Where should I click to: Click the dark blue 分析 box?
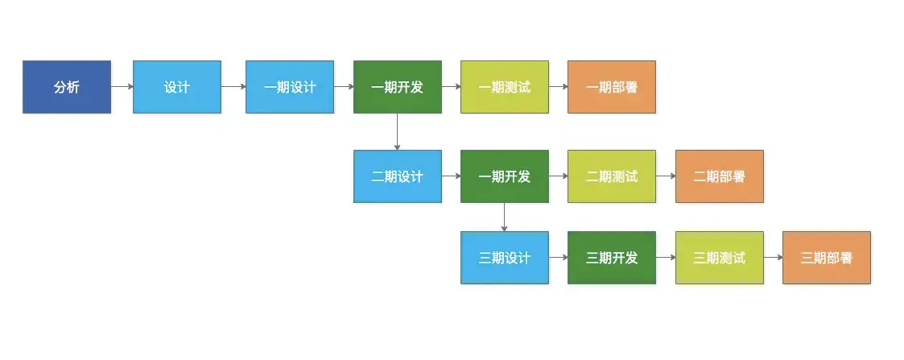pyautogui.click(x=67, y=87)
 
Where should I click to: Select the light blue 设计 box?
pyautogui.click(x=177, y=87)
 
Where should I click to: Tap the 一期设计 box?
pyautogui.click(x=290, y=87)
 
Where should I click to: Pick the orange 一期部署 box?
pyautogui.click(x=612, y=87)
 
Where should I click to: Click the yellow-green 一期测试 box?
pyautogui.click(x=505, y=87)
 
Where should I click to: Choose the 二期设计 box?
pyautogui.click(x=397, y=176)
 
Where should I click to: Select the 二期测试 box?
pyautogui.click(x=612, y=176)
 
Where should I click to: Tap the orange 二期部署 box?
pyautogui.click(x=720, y=176)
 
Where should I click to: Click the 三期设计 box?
pyautogui.click(x=505, y=258)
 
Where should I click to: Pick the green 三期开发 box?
pyautogui.click(x=612, y=258)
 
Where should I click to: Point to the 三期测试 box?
pyautogui.click(x=720, y=258)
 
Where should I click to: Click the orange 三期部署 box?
pyautogui.click(x=827, y=258)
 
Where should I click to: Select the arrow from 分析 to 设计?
pyautogui.click(x=122, y=87)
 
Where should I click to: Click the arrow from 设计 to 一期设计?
pyautogui.click(x=233, y=87)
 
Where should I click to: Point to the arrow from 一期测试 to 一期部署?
pyautogui.click(x=559, y=87)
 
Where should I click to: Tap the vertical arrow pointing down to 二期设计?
pyautogui.click(x=397, y=131)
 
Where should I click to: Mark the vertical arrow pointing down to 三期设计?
pyautogui.click(x=505, y=217)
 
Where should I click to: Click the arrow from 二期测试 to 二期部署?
pyautogui.click(x=666, y=176)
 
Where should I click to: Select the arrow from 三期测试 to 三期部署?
pyautogui.click(x=773, y=258)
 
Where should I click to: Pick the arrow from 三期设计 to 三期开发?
pyautogui.click(x=559, y=258)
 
